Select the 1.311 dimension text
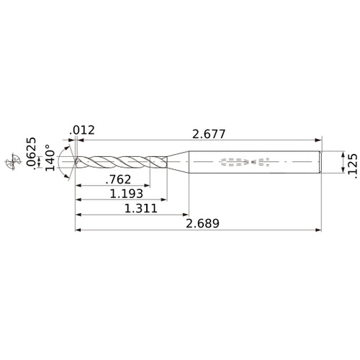click(136, 208)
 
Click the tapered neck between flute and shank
click(177, 163)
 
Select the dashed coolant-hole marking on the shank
click(246, 163)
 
